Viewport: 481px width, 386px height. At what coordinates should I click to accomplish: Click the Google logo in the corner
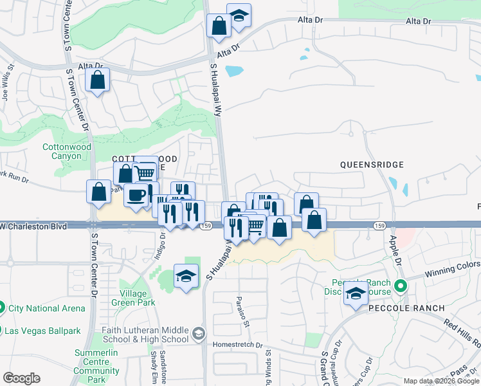pos(21,378)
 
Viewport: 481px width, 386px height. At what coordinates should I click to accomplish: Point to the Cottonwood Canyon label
pos(67,151)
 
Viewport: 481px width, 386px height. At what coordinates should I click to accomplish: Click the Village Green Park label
pos(133,298)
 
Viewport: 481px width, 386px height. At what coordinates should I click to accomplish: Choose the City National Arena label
pos(46,308)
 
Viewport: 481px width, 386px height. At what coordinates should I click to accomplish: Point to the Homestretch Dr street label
pos(242,345)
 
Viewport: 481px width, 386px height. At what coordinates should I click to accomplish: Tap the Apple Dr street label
pos(394,252)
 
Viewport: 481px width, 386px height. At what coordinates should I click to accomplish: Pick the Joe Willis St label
pos(7,82)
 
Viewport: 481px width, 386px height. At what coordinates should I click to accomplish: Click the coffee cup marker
pos(136,195)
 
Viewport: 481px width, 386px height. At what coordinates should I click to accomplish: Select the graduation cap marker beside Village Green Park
pos(186,276)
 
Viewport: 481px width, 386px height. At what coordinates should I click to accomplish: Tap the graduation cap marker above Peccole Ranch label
pos(355,294)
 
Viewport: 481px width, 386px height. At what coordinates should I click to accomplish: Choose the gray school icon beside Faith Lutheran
pos(199,334)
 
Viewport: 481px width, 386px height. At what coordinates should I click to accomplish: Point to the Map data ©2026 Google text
pos(440,381)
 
